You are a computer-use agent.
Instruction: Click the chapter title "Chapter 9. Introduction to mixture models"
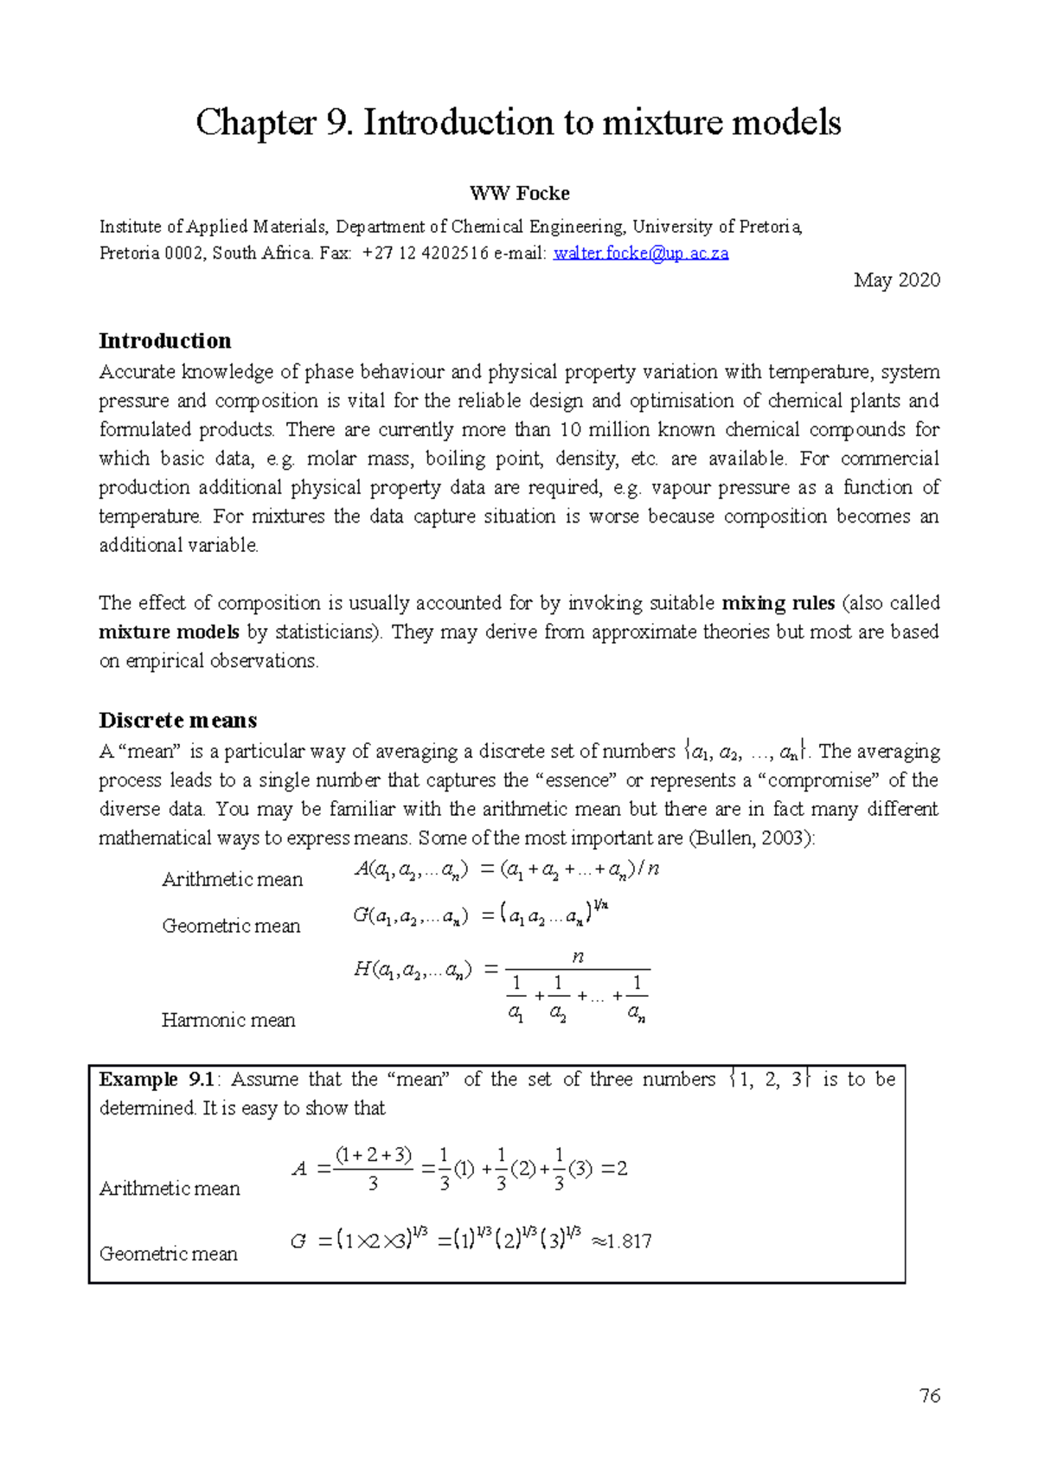(x=518, y=122)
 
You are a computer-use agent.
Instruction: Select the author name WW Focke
(x=519, y=193)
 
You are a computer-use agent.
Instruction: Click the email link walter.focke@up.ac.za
(x=641, y=253)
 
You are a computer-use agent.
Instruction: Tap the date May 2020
(x=896, y=280)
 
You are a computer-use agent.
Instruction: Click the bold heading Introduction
(x=165, y=341)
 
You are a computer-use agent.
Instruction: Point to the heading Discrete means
(x=178, y=721)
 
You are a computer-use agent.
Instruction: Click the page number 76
(x=930, y=1395)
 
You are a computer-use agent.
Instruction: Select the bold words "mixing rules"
(x=778, y=603)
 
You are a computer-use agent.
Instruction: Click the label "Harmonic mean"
(x=228, y=1020)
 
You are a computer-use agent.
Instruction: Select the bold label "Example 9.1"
(x=157, y=1080)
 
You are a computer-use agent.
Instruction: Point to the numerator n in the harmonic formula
(x=578, y=957)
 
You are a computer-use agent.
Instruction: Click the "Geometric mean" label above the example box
(x=231, y=926)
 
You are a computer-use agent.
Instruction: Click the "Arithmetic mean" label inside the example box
(x=170, y=1189)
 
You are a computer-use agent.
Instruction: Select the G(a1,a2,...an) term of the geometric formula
(x=411, y=916)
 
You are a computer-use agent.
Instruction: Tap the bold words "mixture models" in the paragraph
(x=169, y=632)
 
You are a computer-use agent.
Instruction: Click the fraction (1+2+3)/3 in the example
(x=373, y=1169)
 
